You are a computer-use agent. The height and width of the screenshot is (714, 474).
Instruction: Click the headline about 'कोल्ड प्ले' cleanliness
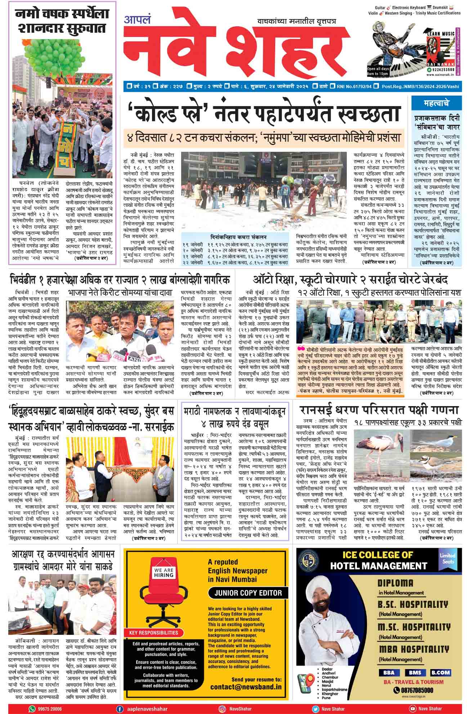click(x=263, y=113)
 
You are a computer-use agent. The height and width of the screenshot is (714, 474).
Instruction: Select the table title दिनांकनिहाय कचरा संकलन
click(x=238, y=237)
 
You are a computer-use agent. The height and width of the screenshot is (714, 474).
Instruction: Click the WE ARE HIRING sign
click(x=164, y=573)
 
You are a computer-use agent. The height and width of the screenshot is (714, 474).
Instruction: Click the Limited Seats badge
click(x=447, y=559)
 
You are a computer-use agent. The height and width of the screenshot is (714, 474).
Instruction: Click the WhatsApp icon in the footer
click(x=32, y=709)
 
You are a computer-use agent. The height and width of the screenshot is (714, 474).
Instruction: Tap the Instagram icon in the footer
click(x=222, y=709)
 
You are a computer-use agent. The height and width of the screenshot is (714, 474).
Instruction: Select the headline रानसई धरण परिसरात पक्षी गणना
click(x=379, y=410)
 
